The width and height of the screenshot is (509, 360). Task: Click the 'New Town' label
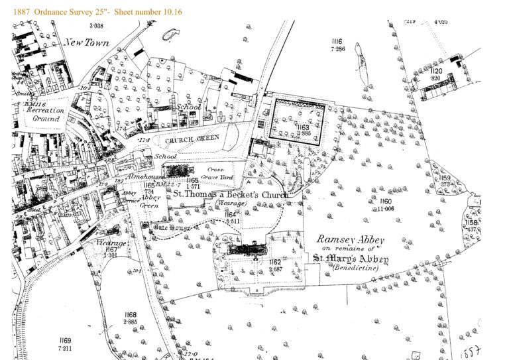click(86, 43)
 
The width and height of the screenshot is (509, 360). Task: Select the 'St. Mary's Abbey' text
click(351, 258)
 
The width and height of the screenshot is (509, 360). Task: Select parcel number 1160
click(387, 200)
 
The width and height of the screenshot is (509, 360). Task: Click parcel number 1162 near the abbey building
click(276, 263)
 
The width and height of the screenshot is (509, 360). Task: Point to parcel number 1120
click(435, 71)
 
